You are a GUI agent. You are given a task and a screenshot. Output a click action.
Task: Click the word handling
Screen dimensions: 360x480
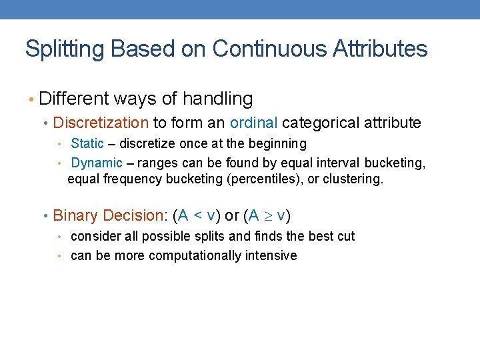click(x=217, y=99)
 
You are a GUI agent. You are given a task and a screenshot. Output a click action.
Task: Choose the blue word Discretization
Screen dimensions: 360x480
click(x=101, y=123)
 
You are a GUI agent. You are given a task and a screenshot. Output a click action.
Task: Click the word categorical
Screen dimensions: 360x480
click(x=321, y=123)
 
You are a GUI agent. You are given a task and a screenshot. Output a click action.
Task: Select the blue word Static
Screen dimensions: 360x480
click(x=87, y=143)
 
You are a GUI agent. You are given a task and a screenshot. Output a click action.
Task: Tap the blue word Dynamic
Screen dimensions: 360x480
click(x=97, y=163)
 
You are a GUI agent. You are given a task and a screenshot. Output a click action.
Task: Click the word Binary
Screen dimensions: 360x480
click(x=74, y=216)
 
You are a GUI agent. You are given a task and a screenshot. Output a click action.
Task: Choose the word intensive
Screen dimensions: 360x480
click(x=272, y=255)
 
